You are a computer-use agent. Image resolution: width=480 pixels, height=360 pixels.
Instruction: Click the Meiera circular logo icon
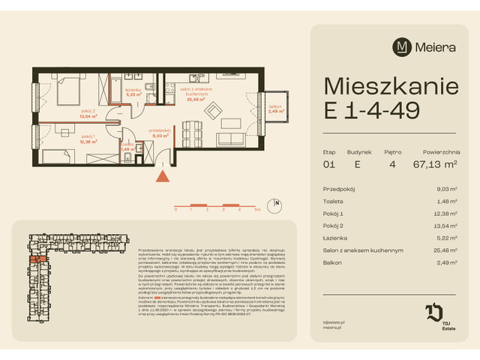click(x=403, y=47)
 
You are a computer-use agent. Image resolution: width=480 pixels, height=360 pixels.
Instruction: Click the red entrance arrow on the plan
click(x=160, y=177)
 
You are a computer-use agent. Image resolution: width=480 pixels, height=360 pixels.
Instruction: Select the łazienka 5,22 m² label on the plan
click(x=134, y=93)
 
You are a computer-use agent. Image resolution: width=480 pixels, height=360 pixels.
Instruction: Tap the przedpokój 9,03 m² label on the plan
click(x=159, y=133)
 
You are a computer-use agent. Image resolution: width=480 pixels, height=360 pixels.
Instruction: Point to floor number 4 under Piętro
click(x=392, y=163)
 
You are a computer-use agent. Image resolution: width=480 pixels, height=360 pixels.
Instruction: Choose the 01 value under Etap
click(x=329, y=163)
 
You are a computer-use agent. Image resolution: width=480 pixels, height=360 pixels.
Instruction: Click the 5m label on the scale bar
click(x=257, y=210)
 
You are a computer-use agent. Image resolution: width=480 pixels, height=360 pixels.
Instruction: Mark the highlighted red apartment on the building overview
click(x=40, y=260)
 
